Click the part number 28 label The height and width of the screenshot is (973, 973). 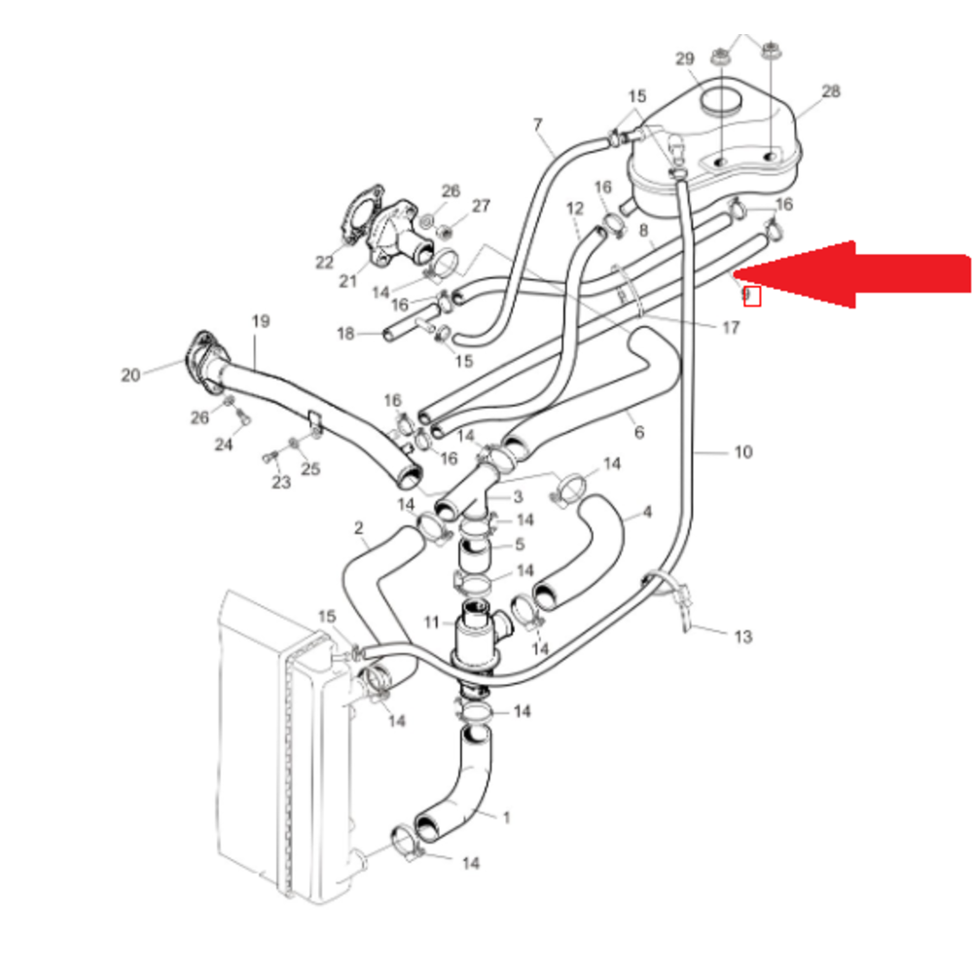point(830,91)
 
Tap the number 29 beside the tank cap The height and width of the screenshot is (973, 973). point(684,60)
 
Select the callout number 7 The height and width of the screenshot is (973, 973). point(537,124)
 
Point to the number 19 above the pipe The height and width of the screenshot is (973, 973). point(260,321)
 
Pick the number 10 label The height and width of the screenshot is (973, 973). point(742,452)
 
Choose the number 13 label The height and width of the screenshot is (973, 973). point(742,637)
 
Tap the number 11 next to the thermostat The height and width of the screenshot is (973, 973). point(432,622)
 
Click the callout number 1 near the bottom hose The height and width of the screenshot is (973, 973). point(506,817)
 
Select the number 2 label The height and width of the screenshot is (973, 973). point(358,528)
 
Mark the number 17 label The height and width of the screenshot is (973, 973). point(731,328)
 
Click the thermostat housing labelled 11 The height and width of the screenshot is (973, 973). point(476,637)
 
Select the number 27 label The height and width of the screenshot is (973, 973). point(482,206)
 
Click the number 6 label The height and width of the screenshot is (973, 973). point(639,432)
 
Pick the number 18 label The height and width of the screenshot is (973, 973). point(346,334)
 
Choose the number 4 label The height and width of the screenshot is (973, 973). point(647,513)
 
